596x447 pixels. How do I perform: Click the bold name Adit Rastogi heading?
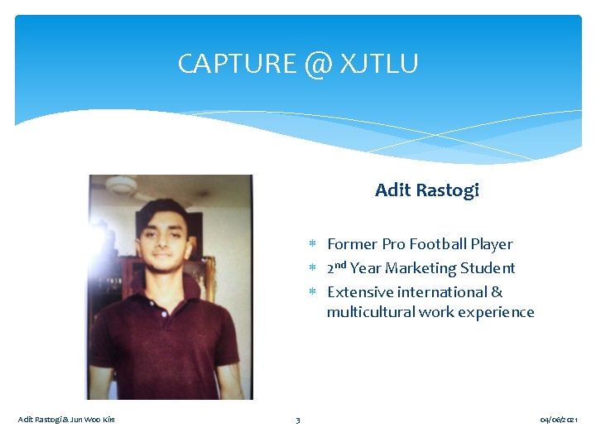[426, 190]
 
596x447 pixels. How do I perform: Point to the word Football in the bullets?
[438, 244]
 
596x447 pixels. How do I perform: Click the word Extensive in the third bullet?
[360, 292]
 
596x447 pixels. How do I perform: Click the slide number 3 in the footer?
[298, 421]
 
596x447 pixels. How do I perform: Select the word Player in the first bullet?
[492, 244]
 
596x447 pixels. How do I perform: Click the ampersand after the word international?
[497, 292]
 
